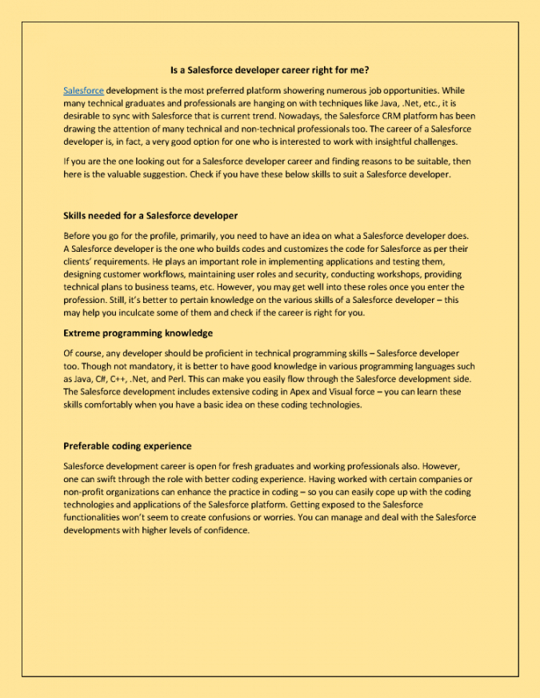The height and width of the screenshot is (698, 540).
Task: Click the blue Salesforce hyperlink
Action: click(x=83, y=91)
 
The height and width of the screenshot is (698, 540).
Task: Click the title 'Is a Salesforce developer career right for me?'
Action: click(x=270, y=70)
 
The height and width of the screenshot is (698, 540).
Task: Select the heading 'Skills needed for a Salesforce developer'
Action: click(x=150, y=216)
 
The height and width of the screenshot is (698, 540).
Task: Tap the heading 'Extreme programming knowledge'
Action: click(x=138, y=333)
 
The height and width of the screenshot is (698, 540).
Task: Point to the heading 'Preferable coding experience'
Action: click(x=127, y=445)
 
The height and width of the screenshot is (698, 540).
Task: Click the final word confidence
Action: click(x=226, y=530)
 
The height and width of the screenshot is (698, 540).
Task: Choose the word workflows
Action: click(x=158, y=274)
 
